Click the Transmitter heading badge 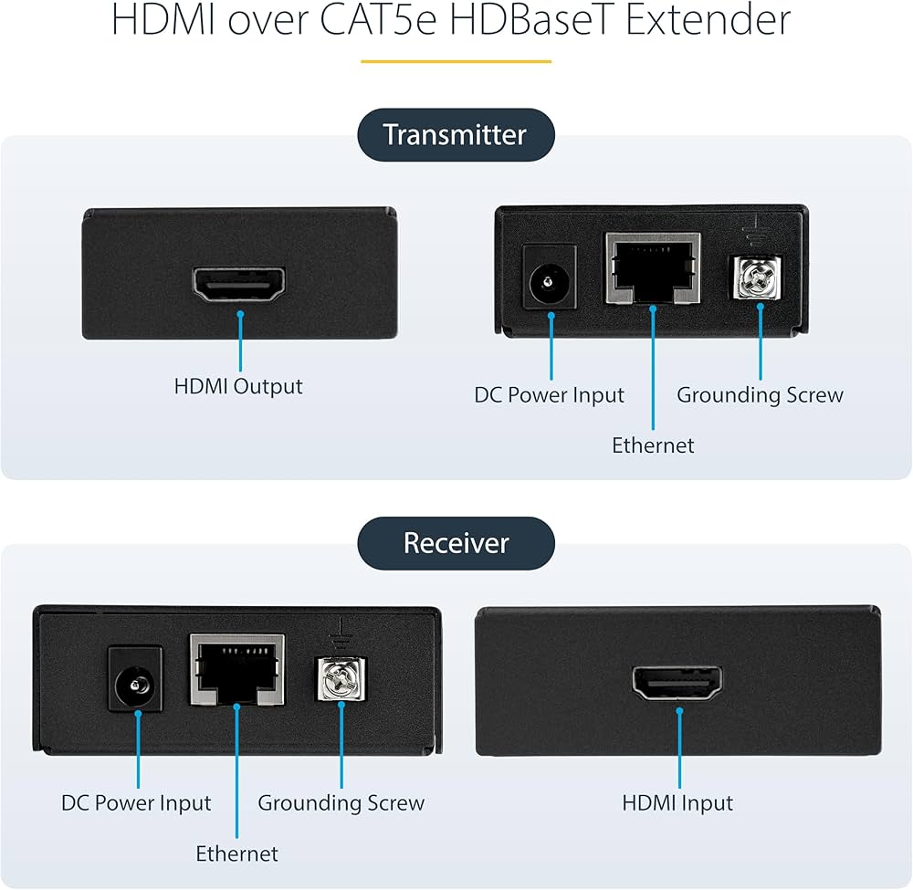[455, 135]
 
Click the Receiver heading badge [455, 543]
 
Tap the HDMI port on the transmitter [239, 285]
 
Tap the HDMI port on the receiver [678, 683]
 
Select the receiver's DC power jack [136, 680]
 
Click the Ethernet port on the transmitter [653, 268]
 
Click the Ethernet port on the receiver [236, 670]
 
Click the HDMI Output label [238, 386]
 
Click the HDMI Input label [677, 803]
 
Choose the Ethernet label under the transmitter [653, 445]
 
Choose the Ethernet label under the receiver [236, 853]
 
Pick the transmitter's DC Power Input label [550, 395]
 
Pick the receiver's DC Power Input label [136, 803]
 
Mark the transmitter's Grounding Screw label [760, 395]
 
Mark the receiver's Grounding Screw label [341, 803]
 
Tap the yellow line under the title [456, 61]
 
